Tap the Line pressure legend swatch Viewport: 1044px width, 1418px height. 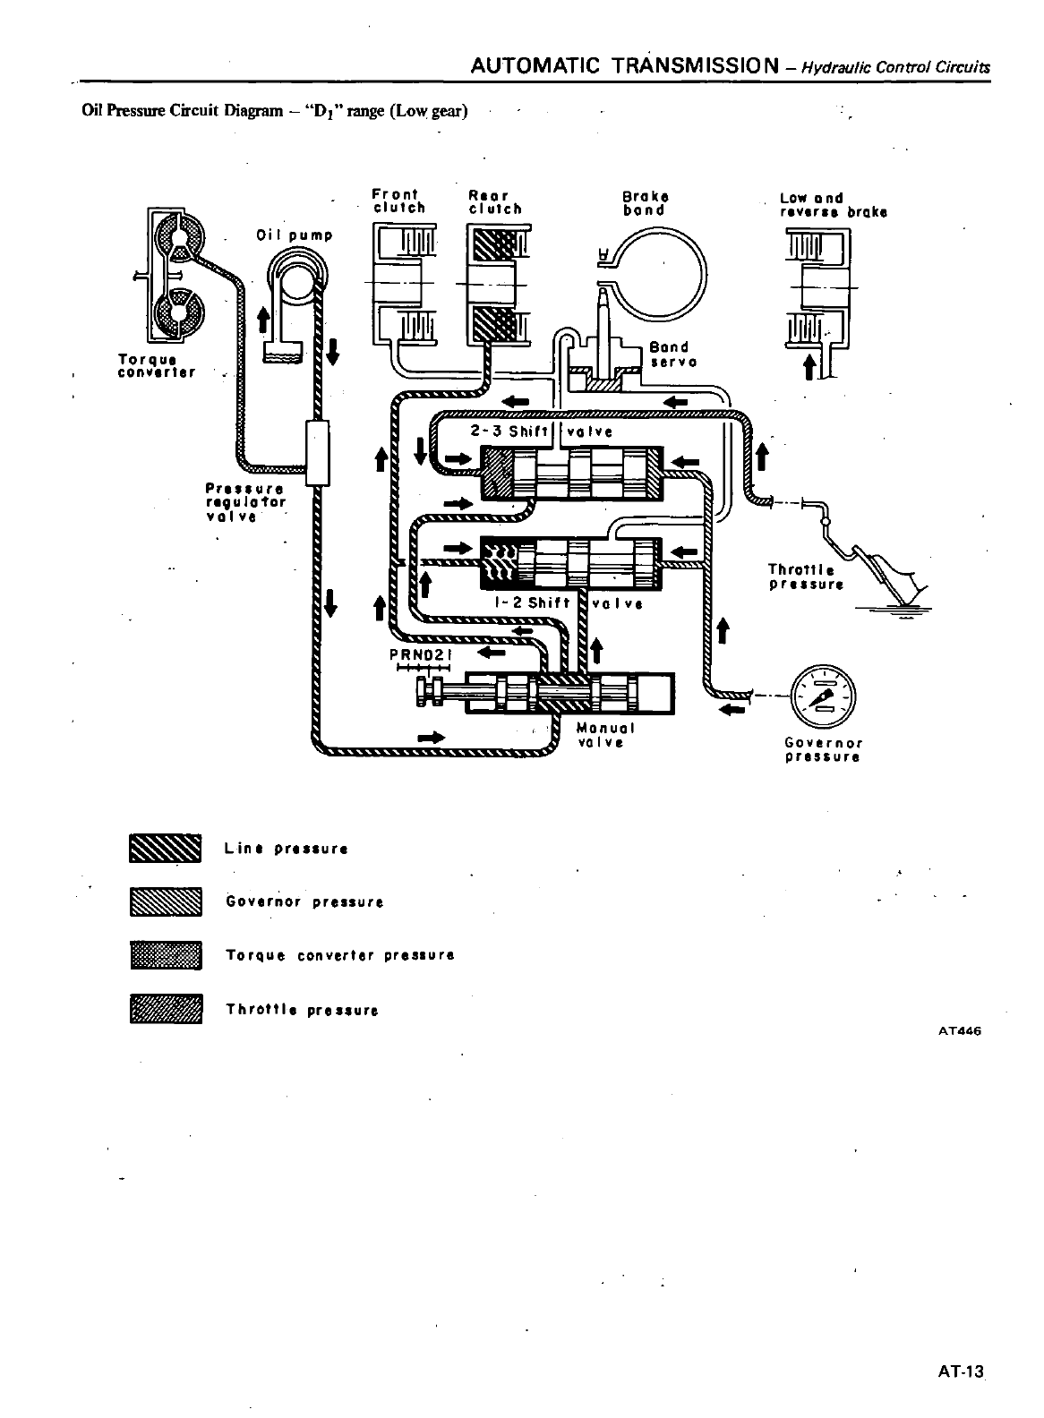pos(166,848)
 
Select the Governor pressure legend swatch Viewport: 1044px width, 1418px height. pos(166,901)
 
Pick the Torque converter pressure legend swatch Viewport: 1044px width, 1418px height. pos(166,955)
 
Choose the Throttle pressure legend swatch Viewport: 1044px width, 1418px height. pos(166,1009)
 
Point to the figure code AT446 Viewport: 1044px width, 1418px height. pos(960,1030)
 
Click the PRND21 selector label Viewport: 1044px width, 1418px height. pos(423,654)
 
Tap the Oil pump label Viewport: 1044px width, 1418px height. pos(294,235)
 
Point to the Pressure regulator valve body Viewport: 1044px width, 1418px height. pos(317,453)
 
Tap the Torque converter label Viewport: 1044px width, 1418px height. pos(157,365)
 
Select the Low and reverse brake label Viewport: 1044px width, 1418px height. pos(834,205)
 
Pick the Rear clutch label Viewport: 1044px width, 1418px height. pos(494,202)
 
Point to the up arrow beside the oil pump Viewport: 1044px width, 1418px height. pos(264,320)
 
